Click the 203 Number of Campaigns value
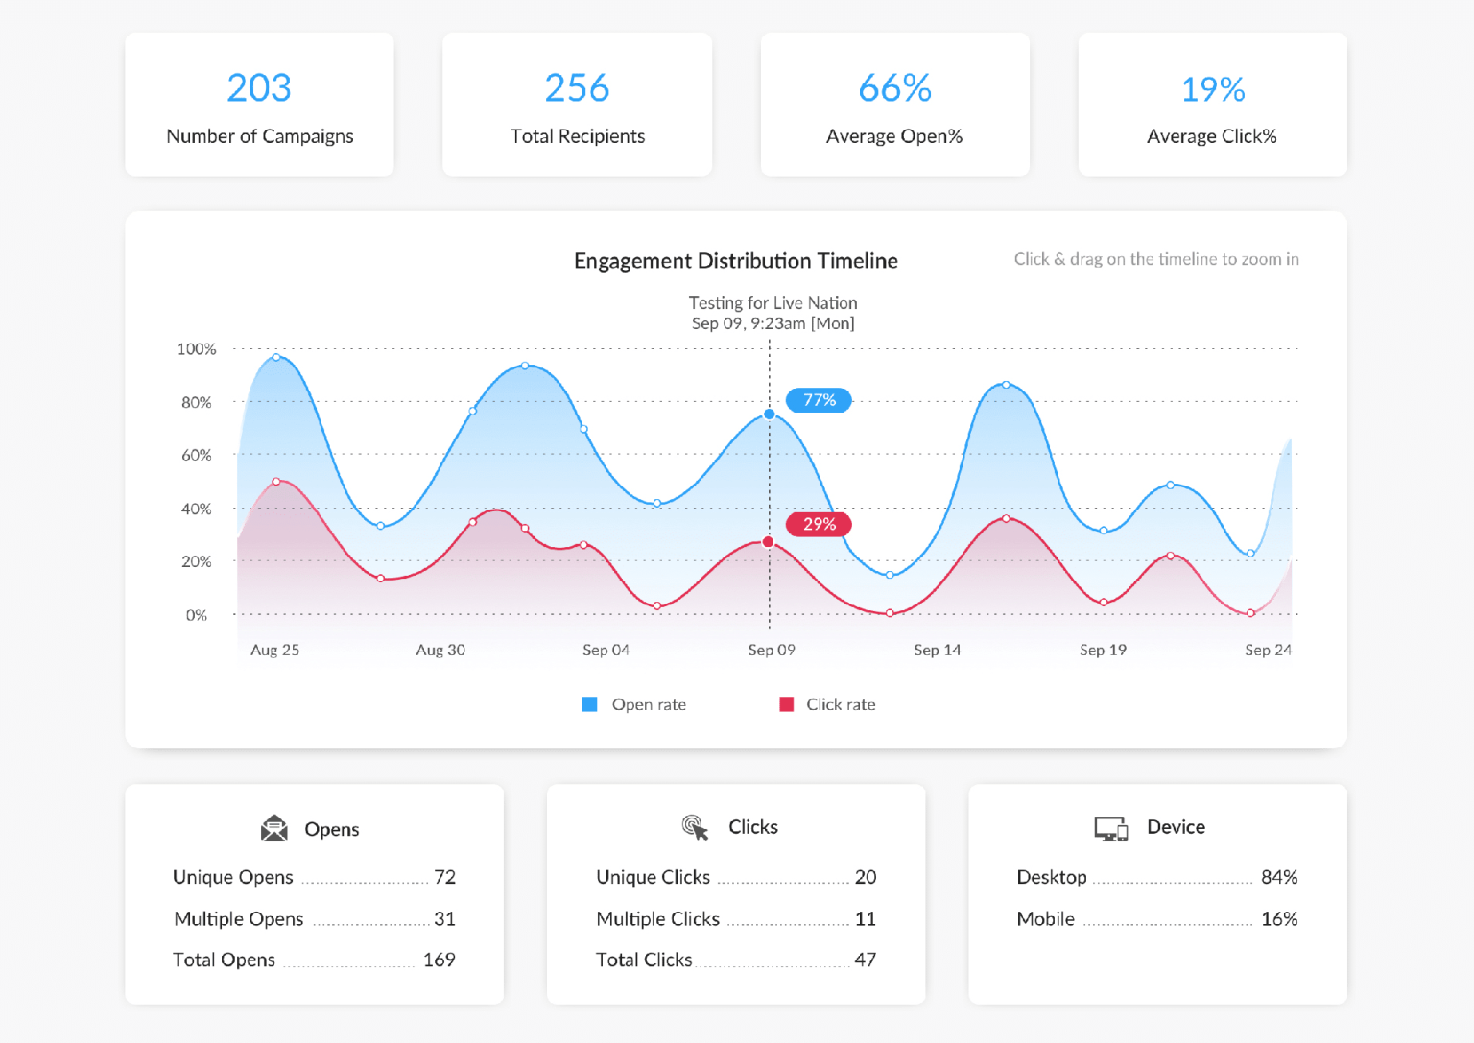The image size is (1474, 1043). click(259, 88)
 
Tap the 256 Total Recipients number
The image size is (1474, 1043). click(577, 88)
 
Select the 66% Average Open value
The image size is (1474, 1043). click(894, 88)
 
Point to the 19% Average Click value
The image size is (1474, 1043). click(1212, 90)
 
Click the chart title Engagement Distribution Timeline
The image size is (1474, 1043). click(735, 261)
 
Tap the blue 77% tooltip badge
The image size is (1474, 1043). click(819, 400)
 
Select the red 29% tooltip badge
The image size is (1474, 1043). click(819, 524)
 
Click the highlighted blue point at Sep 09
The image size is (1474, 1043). click(770, 415)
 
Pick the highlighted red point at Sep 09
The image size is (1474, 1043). click(769, 542)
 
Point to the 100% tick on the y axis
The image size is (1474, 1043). click(197, 349)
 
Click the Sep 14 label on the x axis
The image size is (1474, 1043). click(937, 650)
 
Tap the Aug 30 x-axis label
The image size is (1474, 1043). click(440, 650)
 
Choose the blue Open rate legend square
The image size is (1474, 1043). click(590, 704)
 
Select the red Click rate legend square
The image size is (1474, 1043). click(787, 704)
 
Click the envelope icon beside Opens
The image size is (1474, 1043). click(274, 828)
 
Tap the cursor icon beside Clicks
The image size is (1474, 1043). click(695, 827)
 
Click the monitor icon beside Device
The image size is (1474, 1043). click(1111, 828)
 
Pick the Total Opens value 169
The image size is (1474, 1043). click(439, 960)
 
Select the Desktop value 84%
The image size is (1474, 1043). click(1278, 877)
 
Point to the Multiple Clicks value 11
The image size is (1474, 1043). click(865, 919)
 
